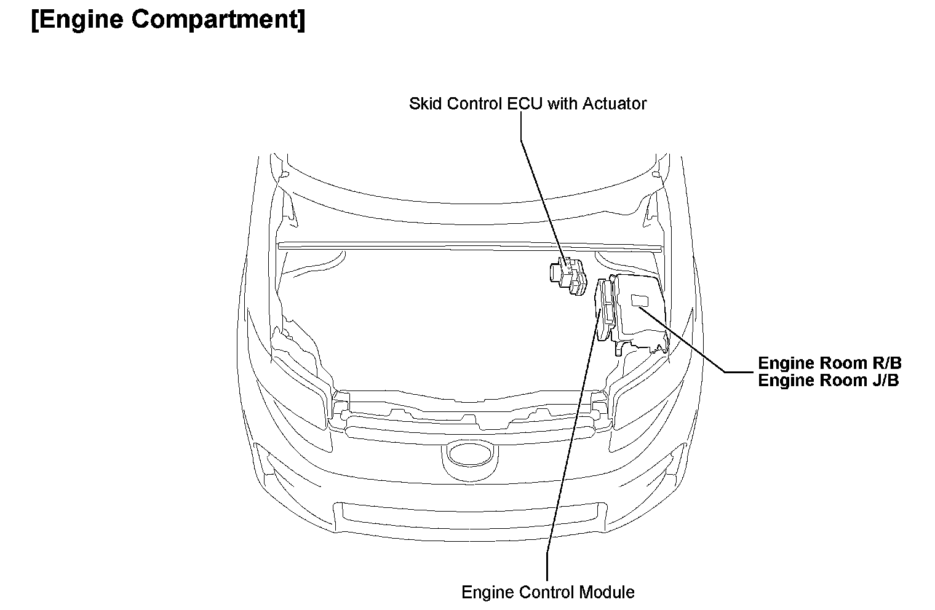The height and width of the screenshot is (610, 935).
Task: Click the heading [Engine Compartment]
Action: tap(167, 20)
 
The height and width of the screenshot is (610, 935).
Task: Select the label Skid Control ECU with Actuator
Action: tap(527, 103)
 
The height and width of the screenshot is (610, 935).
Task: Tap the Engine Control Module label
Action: tap(547, 592)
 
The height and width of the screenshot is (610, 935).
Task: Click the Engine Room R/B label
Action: tap(829, 363)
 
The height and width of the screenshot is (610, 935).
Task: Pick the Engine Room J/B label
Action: tap(828, 380)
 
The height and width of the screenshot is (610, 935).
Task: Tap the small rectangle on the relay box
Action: tap(640, 300)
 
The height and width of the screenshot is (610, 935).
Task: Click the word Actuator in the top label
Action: tap(615, 103)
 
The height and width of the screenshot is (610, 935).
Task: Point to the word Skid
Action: tap(425, 103)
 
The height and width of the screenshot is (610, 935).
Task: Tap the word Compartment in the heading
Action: tap(217, 20)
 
